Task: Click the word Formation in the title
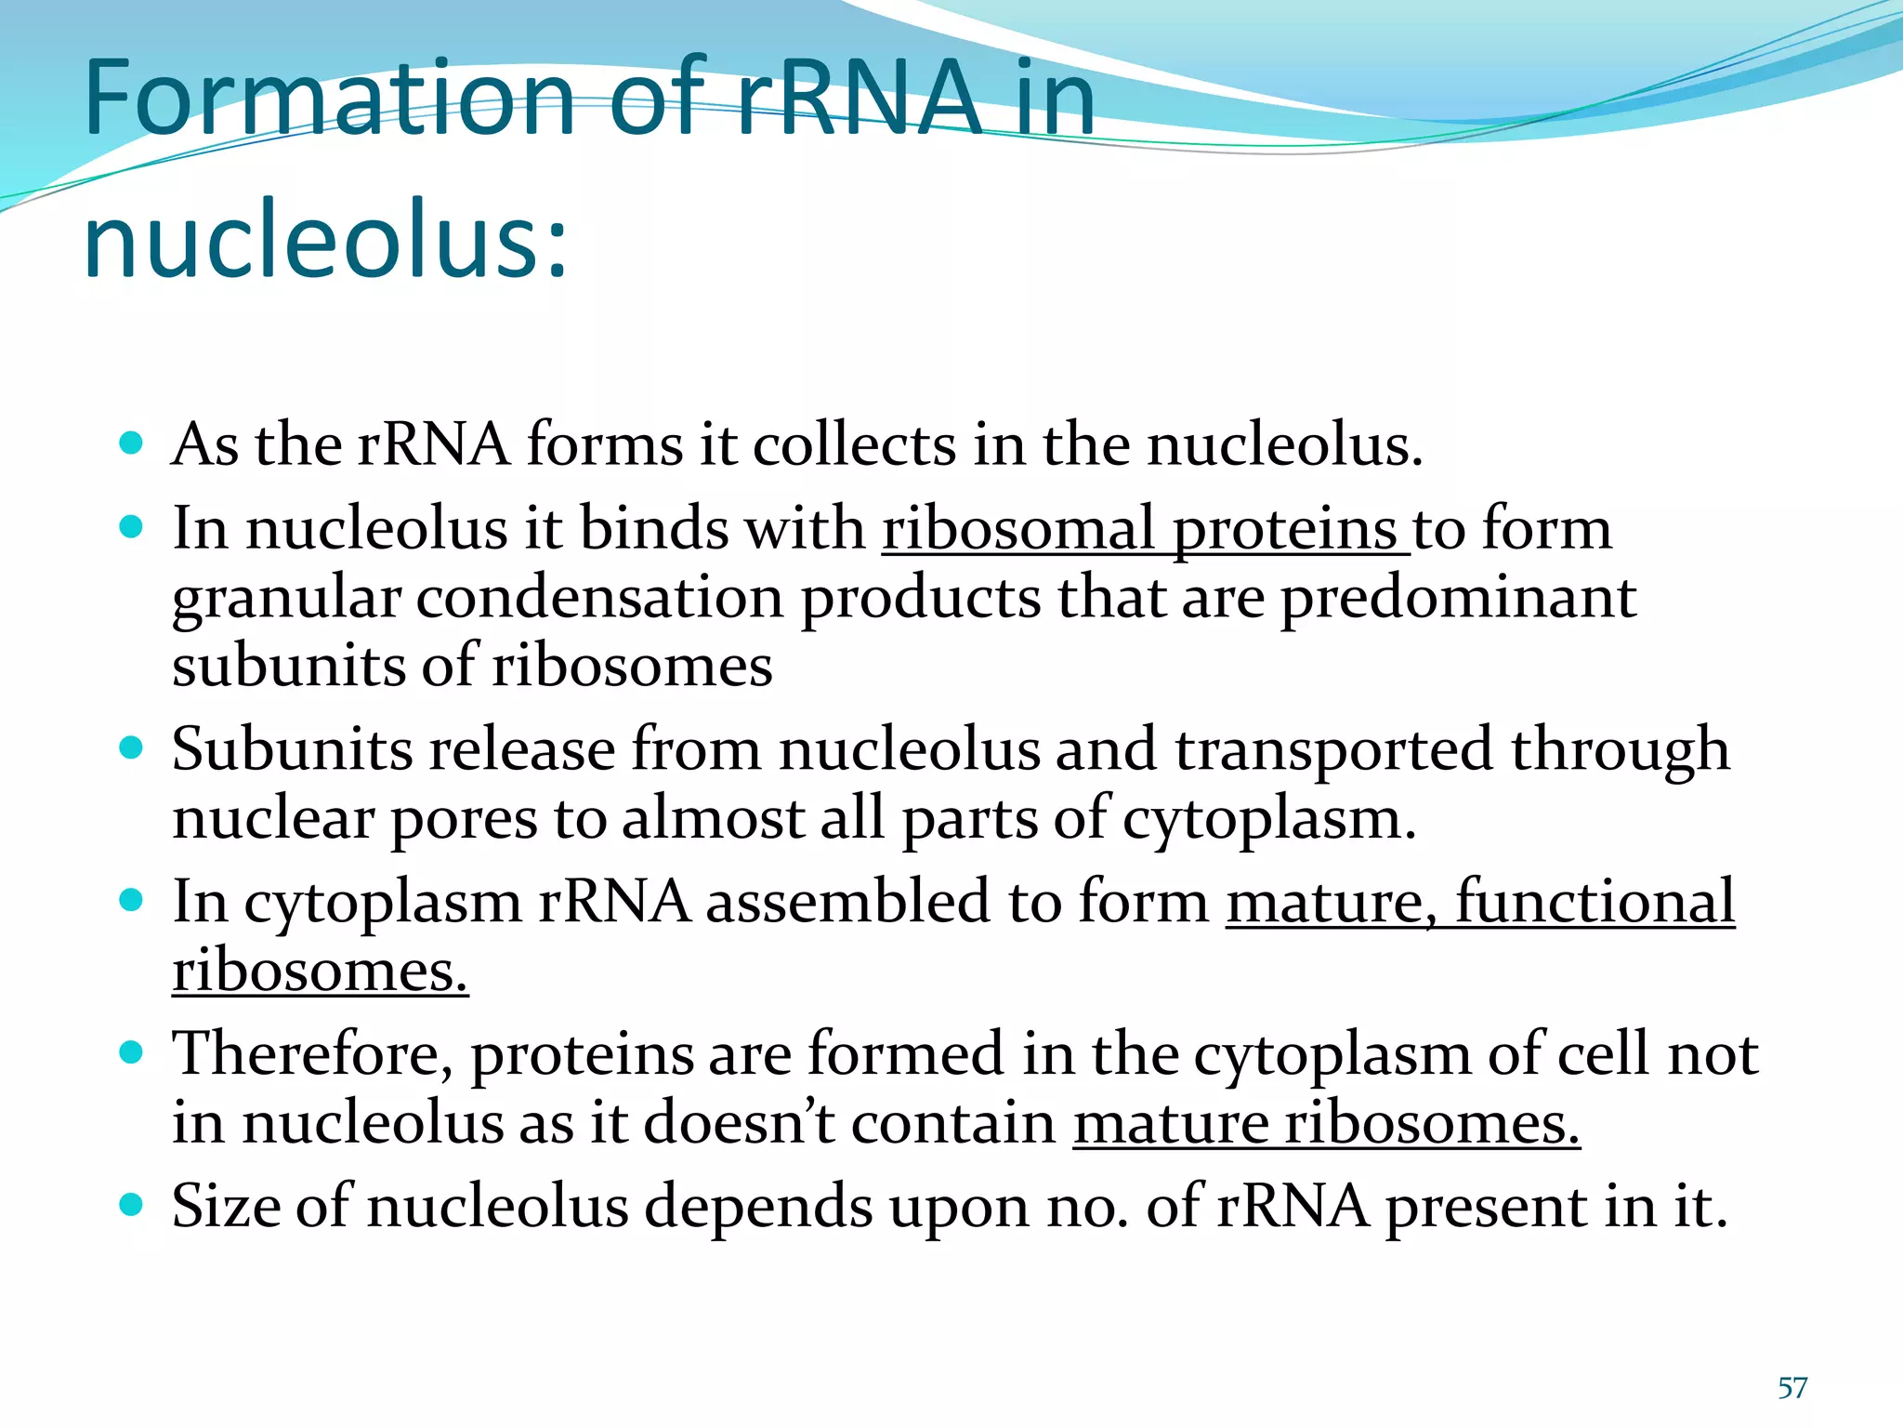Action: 331,98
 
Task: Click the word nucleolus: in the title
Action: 325,239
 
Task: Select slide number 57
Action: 1791,1388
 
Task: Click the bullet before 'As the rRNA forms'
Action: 132,442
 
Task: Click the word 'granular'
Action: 286,599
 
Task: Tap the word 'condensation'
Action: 599,598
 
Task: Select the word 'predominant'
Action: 1458,598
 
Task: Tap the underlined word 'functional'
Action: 1595,902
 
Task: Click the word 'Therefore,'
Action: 312,1054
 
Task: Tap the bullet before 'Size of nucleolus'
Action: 132,1205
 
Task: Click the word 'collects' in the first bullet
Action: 854,444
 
